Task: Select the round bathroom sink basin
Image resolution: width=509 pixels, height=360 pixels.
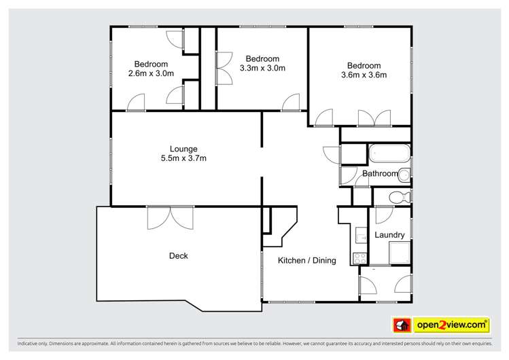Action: [404, 175]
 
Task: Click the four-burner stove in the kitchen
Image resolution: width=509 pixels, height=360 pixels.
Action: [359, 258]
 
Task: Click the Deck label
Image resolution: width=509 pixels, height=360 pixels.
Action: [178, 256]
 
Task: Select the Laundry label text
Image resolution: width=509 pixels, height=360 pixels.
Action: [389, 235]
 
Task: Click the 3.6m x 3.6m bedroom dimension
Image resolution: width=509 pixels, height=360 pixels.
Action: [364, 75]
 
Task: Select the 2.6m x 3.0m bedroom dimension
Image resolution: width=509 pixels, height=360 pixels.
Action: [150, 73]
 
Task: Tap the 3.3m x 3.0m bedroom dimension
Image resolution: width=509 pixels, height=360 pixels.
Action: [262, 67]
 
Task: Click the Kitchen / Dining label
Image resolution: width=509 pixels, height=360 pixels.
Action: [307, 260]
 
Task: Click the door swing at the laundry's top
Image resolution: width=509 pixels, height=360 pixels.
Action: [382, 217]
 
